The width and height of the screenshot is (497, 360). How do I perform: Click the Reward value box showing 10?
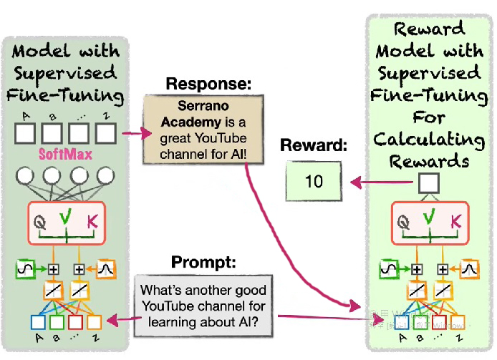coord(314,181)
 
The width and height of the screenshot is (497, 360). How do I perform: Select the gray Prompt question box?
coord(203,306)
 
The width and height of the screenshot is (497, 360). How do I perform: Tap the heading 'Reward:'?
coord(312,146)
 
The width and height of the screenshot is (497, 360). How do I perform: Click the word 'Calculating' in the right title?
coord(430,140)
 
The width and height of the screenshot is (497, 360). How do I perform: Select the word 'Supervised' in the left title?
coord(67,74)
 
